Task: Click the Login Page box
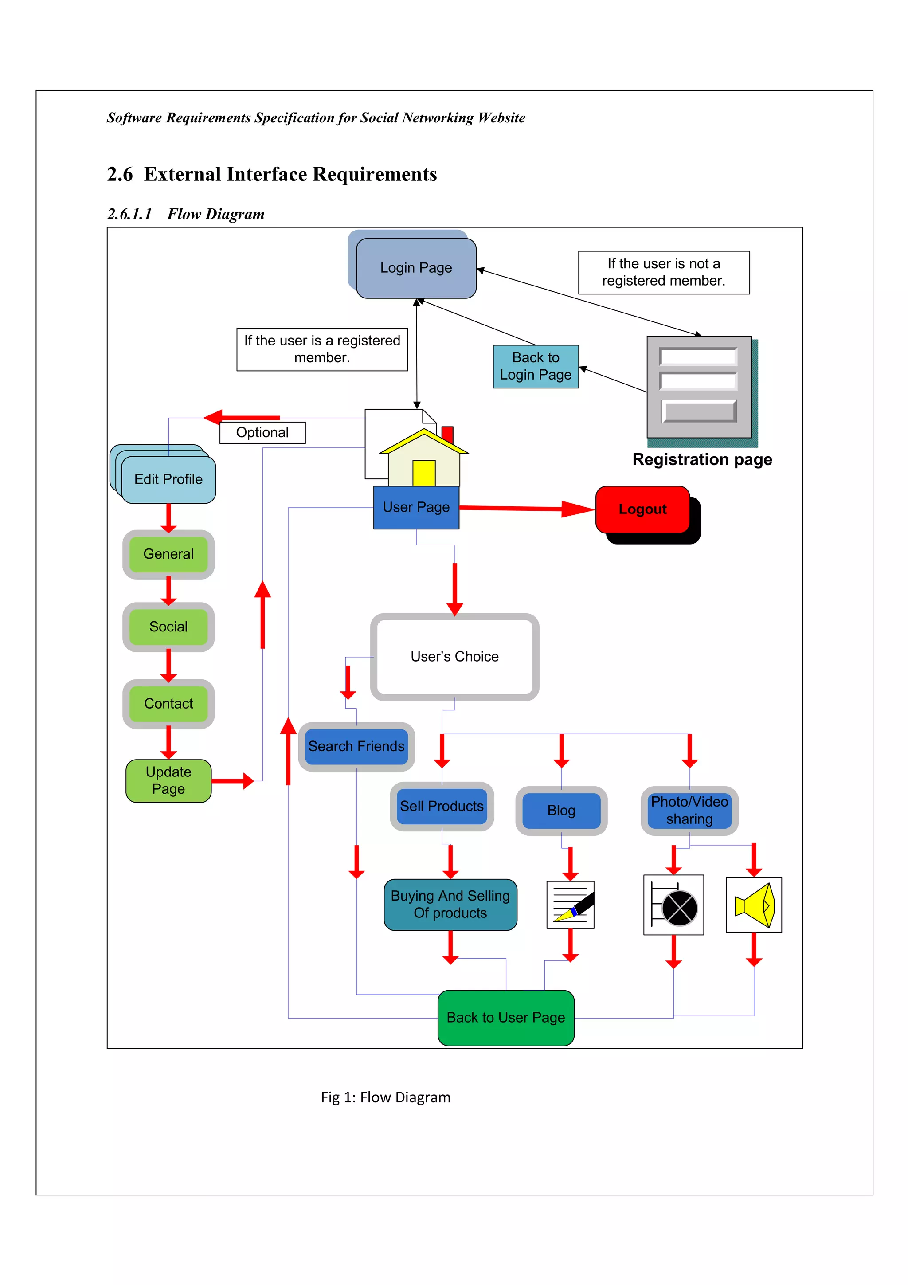pos(416,268)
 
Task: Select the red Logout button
pos(642,509)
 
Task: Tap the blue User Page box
pos(416,507)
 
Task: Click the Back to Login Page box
pos(536,366)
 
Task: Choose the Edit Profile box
pos(168,479)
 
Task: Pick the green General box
pos(168,554)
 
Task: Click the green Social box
pos(168,627)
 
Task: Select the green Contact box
pos(168,704)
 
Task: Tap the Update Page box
pos(168,780)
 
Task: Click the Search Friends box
pos(356,746)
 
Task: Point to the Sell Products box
pos(442,806)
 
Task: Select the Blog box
pos(561,811)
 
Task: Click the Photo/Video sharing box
pos(689,811)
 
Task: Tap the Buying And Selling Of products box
pos(450,905)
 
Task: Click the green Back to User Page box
pos(506,1018)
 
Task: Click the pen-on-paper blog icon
pos(570,905)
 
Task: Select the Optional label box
pos(262,433)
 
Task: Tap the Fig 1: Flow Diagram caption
pos(385,1097)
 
